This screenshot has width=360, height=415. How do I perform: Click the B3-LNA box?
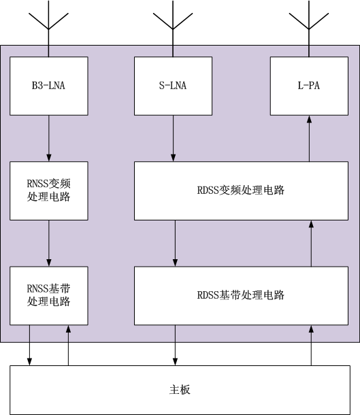click(x=49, y=86)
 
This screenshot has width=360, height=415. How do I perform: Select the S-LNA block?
click(x=173, y=86)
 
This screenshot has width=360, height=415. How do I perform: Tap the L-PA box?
click(x=309, y=86)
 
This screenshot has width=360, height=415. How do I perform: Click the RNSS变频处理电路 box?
click(x=49, y=190)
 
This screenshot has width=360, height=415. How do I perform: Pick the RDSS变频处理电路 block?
click(x=241, y=190)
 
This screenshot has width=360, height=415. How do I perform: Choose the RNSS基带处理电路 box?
click(x=49, y=296)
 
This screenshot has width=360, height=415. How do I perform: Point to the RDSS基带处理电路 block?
click(x=241, y=296)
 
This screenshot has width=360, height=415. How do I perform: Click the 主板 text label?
click(x=180, y=390)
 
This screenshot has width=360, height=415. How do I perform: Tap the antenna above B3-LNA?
click(x=48, y=29)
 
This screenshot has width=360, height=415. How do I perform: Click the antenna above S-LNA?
click(x=173, y=29)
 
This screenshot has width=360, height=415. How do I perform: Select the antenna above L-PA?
click(x=309, y=29)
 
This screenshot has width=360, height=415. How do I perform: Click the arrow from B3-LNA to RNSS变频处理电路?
click(x=49, y=138)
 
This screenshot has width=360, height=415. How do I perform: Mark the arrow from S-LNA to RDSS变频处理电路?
click(x=173, y=138)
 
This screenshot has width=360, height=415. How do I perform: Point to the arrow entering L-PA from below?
click(x=309, y=138)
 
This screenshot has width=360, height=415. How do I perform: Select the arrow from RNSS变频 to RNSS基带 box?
click(x=49, y=244)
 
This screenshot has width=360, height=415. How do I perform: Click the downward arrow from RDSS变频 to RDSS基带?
click(x=175, y=244)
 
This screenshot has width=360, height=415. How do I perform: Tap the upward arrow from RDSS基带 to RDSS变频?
click(x=311, y=244)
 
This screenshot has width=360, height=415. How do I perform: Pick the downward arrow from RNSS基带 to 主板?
click(x=29, y=346)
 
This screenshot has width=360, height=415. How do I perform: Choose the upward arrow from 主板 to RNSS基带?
click(x=68, y=346)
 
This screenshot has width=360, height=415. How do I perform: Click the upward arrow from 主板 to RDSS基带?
click(x=311, y=346)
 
